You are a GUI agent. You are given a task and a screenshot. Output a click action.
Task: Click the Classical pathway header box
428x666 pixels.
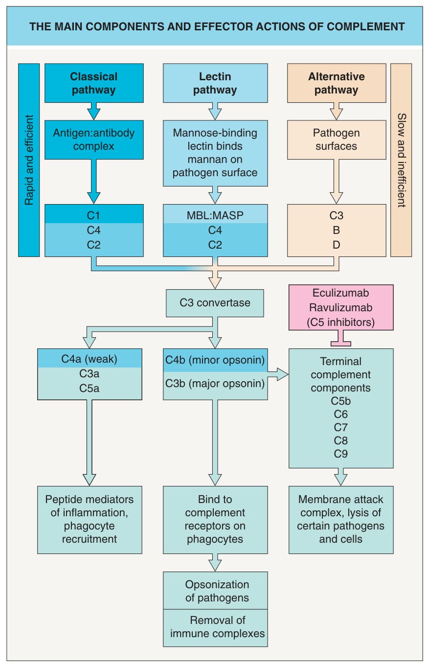coord(94,83)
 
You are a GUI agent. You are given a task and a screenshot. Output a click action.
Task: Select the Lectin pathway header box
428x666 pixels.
coord(215,83)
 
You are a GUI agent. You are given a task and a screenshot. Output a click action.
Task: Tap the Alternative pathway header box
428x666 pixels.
coord(337,83)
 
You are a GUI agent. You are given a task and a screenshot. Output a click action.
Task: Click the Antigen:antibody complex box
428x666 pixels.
coord(94,140)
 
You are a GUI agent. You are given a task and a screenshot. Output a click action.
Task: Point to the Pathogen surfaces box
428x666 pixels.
coord(337,140)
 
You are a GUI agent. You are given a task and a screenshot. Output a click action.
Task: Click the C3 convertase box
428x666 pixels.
coord(215,303)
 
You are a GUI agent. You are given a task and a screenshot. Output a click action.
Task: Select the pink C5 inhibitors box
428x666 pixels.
coord(341,307)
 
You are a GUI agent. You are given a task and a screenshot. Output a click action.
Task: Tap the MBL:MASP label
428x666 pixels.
coord(215,215)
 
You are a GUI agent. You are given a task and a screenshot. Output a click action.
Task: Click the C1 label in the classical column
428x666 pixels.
coord(93,215)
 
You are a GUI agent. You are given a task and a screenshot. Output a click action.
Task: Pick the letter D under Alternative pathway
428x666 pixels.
coord(336,245)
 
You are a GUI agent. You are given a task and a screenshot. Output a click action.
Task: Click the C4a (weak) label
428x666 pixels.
coord(89,359)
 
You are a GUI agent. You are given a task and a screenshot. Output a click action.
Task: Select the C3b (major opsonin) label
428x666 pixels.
coord(215,384)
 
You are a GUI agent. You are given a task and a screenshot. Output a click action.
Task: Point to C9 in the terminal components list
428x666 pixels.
coord(340,454)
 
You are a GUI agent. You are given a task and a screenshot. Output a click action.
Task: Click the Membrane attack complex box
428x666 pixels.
coord(341,520)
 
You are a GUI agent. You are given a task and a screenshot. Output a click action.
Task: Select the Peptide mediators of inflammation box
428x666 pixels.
coord(90,520)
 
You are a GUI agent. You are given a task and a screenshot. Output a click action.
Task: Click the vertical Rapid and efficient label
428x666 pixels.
coord(29,160)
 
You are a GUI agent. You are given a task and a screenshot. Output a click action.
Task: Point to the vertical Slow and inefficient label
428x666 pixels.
coord(401,160)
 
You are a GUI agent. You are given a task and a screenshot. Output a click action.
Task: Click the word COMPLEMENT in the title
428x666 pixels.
coord(365,26)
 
